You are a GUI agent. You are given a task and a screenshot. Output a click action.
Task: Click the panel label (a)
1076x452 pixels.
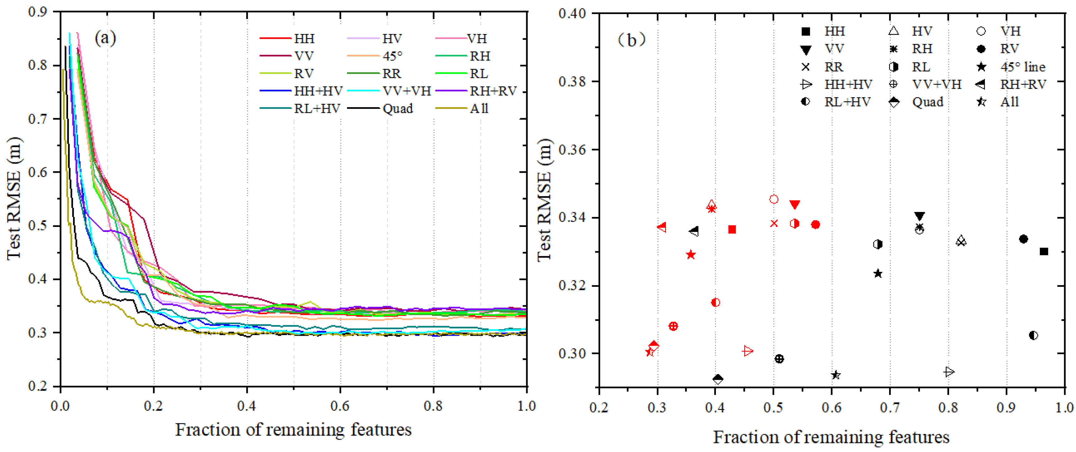coord(105,38)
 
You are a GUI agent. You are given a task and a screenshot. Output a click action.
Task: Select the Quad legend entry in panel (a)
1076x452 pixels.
coord(397,109)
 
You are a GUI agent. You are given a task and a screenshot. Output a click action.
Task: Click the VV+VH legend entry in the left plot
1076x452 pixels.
coord(406,91)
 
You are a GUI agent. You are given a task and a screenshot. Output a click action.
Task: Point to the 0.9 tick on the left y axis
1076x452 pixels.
coord(37,12)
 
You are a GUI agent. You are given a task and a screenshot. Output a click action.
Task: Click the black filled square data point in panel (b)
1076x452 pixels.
coord(1044,251)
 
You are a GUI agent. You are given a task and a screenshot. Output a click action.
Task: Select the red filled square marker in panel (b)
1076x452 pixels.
coord(731,229)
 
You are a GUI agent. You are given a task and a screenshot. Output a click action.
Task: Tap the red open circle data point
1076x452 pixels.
coord(774,199)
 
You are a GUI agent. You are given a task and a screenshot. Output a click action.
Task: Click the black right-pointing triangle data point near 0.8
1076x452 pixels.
coord(949,372)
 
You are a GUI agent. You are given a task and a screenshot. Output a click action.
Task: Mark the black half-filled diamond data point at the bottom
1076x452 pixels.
coord(718,379)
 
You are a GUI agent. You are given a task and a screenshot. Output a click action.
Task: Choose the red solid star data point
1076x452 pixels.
coord(691,255)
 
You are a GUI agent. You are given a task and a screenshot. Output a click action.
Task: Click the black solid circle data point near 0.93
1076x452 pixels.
coord(1023,239)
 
